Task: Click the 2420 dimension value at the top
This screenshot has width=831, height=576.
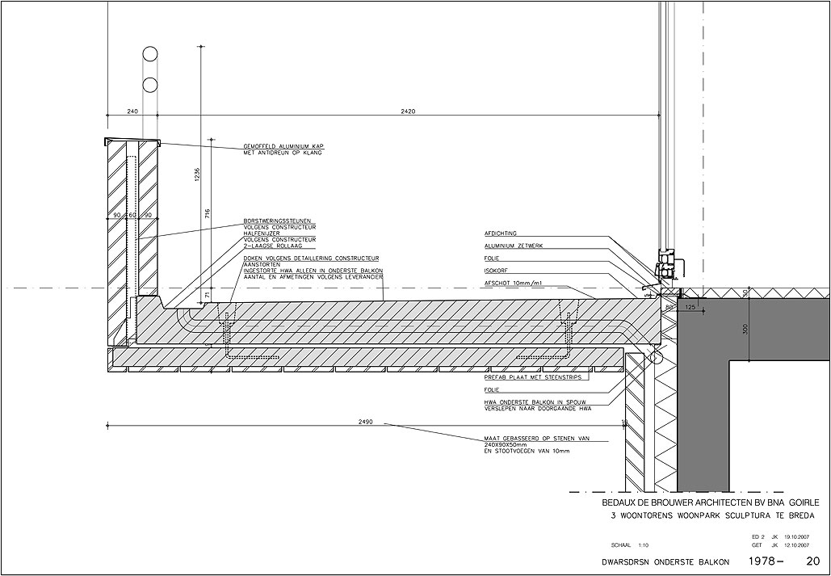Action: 408,111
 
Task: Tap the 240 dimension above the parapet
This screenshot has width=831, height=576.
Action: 133,111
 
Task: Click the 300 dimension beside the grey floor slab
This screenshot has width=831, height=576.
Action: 745,329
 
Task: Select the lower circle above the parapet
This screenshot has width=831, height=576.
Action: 149,85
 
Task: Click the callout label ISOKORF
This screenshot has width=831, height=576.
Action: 497,271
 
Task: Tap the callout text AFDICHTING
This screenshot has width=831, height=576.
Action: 501,233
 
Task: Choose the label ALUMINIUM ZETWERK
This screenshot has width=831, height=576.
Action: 514,246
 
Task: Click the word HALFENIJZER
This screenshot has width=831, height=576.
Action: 261,233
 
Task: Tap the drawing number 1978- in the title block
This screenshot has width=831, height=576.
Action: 766,560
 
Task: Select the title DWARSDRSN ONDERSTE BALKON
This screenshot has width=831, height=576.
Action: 659,561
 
